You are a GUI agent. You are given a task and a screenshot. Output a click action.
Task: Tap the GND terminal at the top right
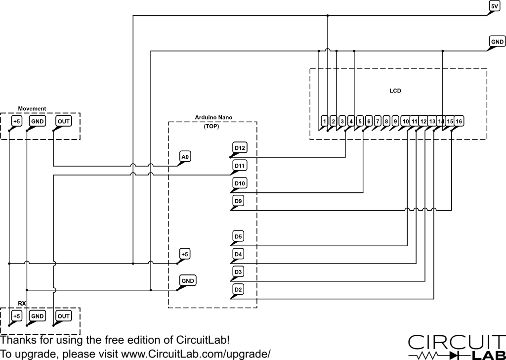point(497,42)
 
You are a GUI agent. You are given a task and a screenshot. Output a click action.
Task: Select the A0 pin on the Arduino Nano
point(185,157)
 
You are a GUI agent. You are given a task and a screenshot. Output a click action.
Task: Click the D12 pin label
point(240,147)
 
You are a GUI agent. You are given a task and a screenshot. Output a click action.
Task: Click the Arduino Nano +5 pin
point(184,254)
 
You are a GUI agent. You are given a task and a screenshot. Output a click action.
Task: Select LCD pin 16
point(459,121)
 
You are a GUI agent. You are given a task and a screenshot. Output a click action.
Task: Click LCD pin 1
point(324,121)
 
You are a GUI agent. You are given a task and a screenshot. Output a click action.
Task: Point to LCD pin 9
point(395,121)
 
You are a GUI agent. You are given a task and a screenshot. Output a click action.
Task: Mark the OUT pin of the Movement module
point(63,121)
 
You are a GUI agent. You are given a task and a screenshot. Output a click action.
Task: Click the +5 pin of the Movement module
point(17,121)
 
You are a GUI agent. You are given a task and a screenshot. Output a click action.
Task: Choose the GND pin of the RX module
point(38,315)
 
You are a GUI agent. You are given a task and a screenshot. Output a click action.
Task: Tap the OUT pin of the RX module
point(63,315)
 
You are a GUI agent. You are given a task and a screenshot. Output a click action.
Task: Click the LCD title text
point(395,91)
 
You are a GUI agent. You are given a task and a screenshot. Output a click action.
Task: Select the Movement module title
point(32,108)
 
